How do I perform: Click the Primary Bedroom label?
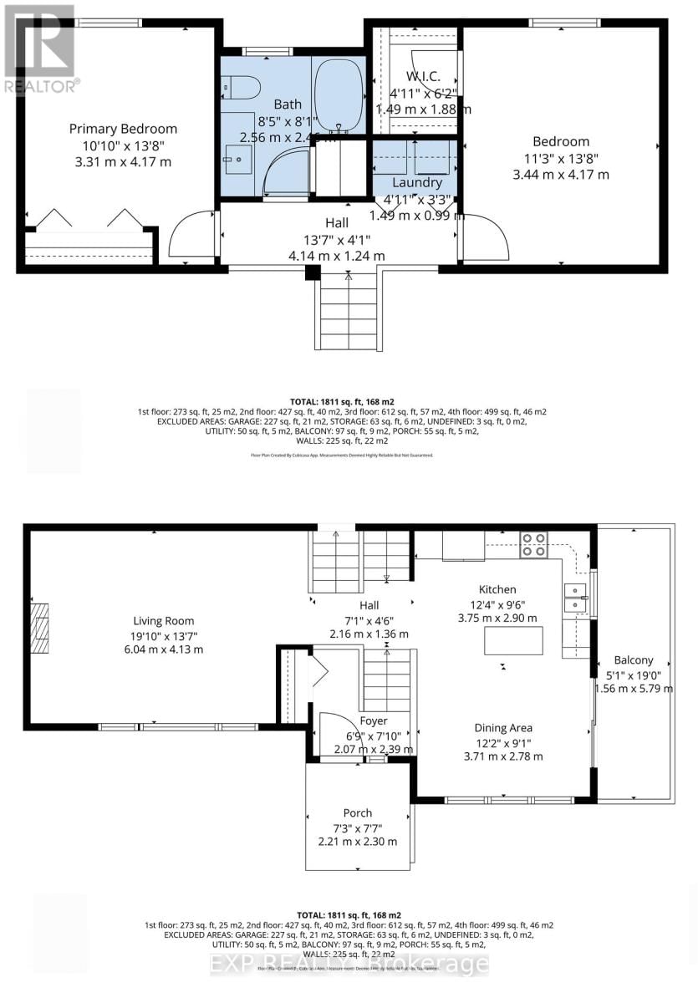tap(123, 129)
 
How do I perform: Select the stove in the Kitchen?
tap(533, 545)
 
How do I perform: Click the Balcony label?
tap(633, 659)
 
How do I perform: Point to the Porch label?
tap(358, 812)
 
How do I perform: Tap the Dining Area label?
tap(504, 727)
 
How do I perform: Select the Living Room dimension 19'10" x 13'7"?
tap(163, 635)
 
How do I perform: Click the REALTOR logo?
tap(38, 48)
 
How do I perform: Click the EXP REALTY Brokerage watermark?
tap(349, 963)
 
